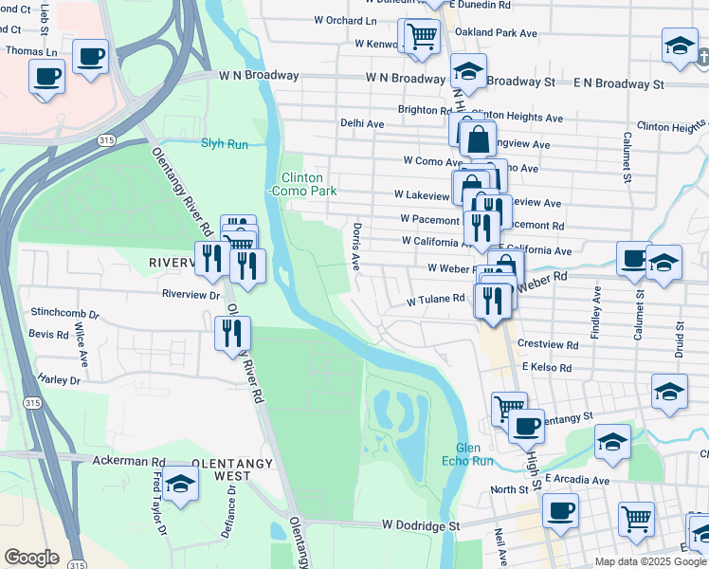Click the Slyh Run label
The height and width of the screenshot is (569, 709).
click(x=224, y=144)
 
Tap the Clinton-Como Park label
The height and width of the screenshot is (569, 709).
click(x=302, y=184)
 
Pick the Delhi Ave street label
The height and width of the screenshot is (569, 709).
click(x=362, y=123)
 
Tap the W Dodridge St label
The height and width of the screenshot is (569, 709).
click(x=421, y=524)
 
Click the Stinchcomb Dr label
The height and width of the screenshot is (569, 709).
click(x=65, y=312)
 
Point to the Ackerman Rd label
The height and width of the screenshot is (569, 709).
click(x=130, y=461)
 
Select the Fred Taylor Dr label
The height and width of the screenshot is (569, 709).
click(x=160, y=513)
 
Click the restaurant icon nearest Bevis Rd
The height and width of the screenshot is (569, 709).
click(x=232, y=333)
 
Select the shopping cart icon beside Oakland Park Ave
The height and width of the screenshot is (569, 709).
click(x=421, y=36)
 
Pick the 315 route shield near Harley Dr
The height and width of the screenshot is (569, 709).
click(x=33, y=403)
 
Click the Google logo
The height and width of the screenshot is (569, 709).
click(x=31, y=558)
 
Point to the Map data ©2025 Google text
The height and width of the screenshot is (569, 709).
click(x=650, y=561)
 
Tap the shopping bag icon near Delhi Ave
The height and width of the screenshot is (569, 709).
click(x=479, y=138)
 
